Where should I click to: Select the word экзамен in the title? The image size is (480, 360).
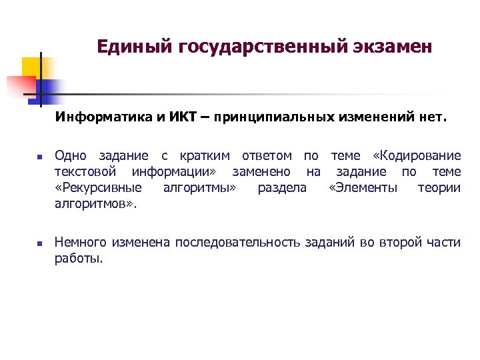click(x=394, y=47)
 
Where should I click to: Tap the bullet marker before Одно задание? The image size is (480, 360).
click(x=39, y=158)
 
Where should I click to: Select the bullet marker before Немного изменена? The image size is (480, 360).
click(x=39, y=244)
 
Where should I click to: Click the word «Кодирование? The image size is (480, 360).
click(x=417, y=156)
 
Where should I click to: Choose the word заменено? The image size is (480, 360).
click(x=261, y=172)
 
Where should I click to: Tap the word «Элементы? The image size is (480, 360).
click(x=363, y=188)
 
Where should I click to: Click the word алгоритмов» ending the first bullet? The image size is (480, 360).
click(x=95, y=204)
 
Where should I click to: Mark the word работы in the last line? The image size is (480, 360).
click(x=79, y=259)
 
